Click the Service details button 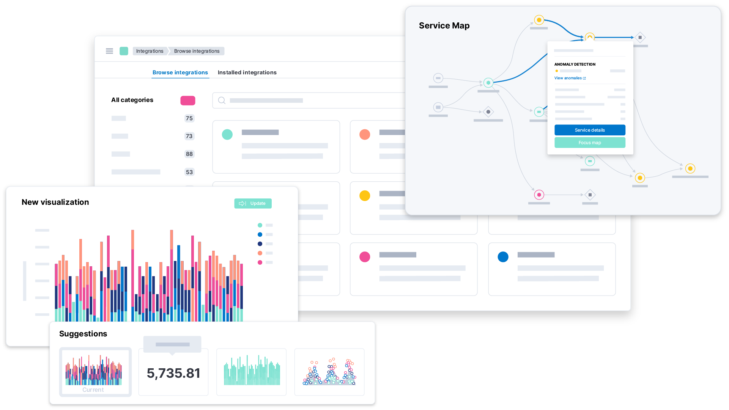(590, 130)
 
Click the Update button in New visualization (253, 203)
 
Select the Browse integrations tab (180, 72)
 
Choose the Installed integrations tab (247, 72)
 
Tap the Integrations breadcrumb (150, 51)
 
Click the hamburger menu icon (109, 51)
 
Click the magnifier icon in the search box (222, 101)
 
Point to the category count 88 (189, 154)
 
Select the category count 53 (189, 172)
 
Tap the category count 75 (189, 118)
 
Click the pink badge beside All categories (188, 101)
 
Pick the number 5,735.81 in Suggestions (173, 373)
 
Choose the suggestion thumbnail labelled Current (96, 372)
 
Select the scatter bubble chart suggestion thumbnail (329, 372)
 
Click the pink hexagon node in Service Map (539, 195)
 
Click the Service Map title (444, 25)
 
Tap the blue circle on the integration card (503, 257)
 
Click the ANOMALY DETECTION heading (575, 64)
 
